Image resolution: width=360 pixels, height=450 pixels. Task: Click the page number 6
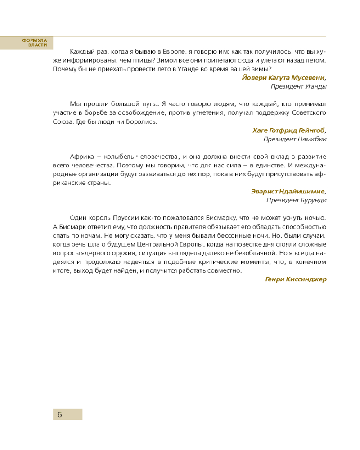[x=59, y=414]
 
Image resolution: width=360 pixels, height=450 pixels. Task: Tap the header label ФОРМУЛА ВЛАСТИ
[x=35, y=43]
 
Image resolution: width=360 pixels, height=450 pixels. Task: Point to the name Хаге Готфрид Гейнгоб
[x=288, y=130]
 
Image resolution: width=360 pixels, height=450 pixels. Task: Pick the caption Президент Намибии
[x=295, y=139]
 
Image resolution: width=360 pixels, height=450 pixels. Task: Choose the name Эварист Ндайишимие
[x=288, y=191]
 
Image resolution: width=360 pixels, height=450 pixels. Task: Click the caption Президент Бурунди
[x=296, y=200]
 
